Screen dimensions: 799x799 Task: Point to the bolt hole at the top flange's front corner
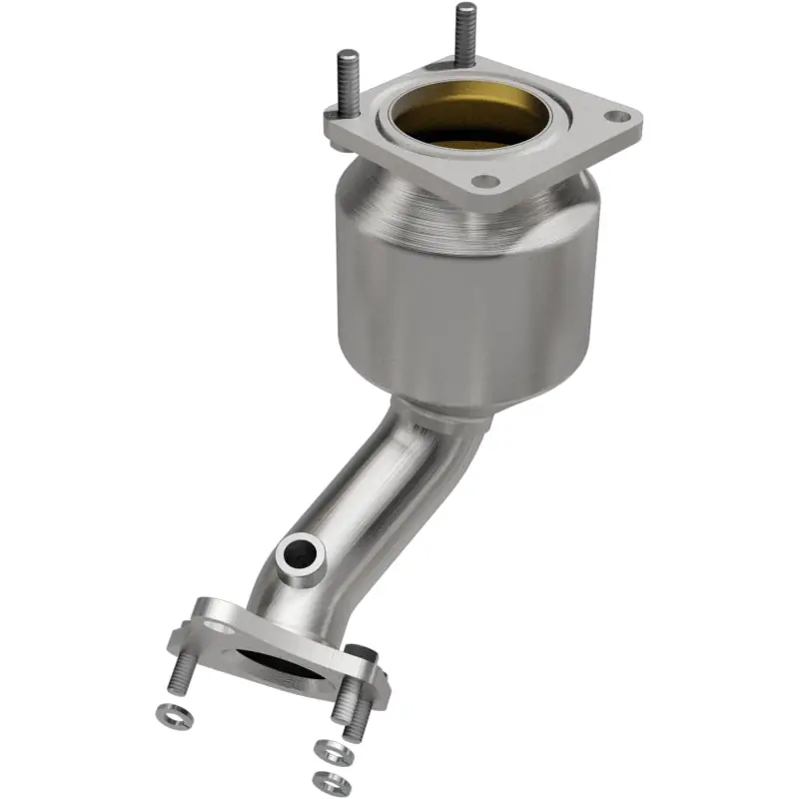484,181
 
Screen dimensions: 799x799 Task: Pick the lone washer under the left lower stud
169,714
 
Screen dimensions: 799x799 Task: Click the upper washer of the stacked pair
329,749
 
